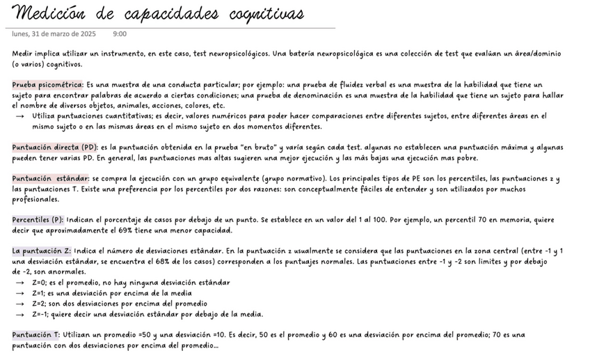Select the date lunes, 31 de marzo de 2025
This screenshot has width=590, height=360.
pos(54,33)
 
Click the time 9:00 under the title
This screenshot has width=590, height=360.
pos(119,33)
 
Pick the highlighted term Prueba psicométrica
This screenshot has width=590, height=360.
pos(47,84)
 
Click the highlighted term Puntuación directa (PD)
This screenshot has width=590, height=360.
pos(55,147)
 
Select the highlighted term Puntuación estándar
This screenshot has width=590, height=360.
pos(50,179)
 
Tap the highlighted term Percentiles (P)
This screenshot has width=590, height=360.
pos(38,220)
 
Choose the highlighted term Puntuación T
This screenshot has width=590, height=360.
pos(36,335)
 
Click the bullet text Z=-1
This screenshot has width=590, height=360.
pos(40,314)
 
